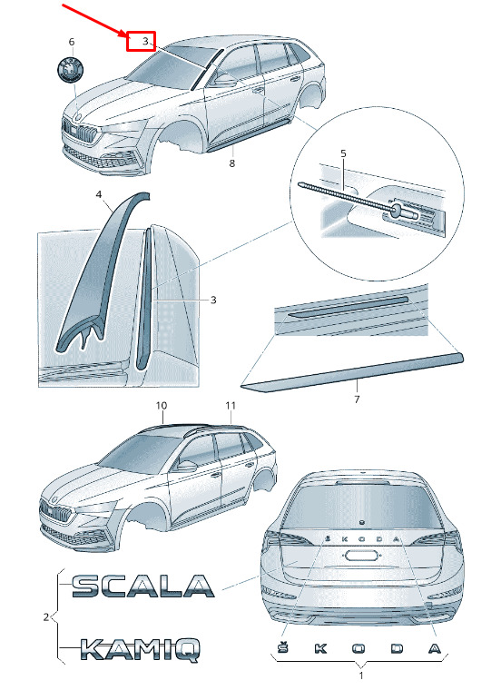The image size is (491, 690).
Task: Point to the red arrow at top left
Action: coord(94,21)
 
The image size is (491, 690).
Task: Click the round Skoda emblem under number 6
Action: coord(71,69)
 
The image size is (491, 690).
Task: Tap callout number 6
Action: coord(72,42)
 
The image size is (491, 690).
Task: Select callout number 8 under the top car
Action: coord(231,163)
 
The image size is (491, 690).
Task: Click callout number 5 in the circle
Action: coord(344,153)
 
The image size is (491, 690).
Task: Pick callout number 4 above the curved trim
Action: coord(99,194)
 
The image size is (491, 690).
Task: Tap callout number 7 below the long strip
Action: coord(357,399)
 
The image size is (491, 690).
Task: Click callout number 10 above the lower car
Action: coord(162,405)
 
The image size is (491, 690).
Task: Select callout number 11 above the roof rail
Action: coord(231,405)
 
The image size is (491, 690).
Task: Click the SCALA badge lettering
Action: coord(143,586)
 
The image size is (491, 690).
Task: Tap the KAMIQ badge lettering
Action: coord(141,650)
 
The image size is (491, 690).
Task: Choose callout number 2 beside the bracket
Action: coord(46,617)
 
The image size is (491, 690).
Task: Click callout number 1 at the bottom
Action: coord(361,675)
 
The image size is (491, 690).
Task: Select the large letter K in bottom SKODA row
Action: coord(320,648)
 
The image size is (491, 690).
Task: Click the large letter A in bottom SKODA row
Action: coord(435,648)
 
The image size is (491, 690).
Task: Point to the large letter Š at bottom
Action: coord(282,646)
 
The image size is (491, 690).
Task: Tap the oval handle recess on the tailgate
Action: coord(361,556)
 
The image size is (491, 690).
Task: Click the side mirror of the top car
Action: coord(224,80)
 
